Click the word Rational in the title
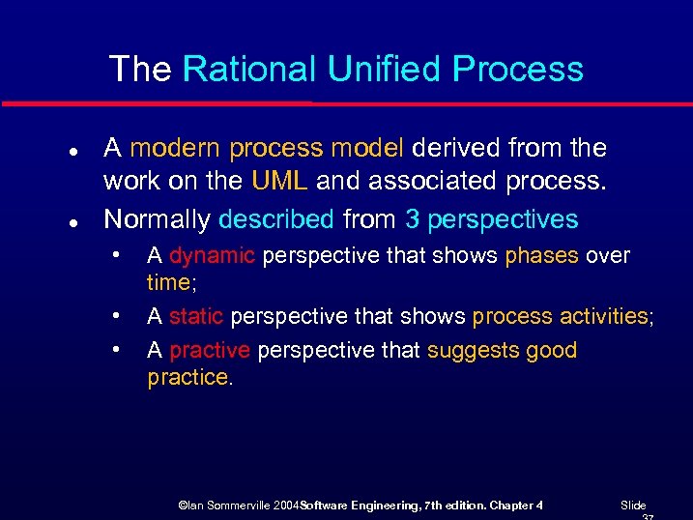[x=249, y=70]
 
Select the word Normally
[x=157, y=219]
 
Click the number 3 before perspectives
[x=413, y=219]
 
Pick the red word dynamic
[x=212, y=256]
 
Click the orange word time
[x=167, y=282]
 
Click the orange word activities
[x=604, y=317]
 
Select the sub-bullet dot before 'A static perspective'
[x=115, y=315]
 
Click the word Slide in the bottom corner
[x=633, y=506]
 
